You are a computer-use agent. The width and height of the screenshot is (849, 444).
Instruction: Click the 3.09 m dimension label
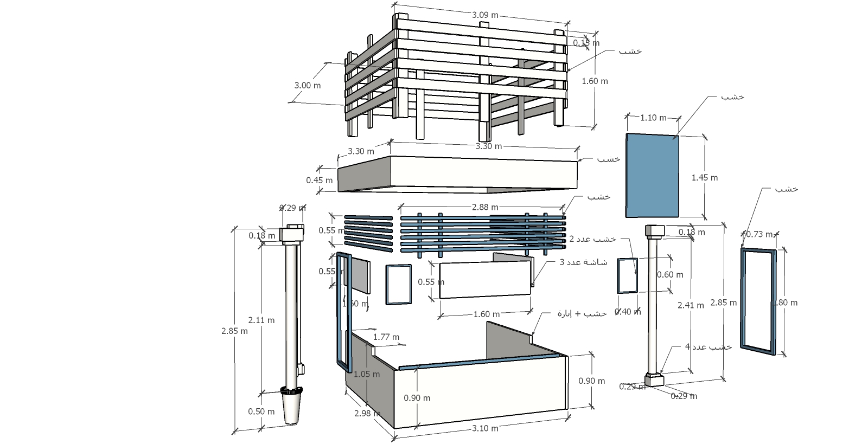point(485,15)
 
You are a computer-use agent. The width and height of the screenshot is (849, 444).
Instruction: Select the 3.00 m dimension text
point(307,86)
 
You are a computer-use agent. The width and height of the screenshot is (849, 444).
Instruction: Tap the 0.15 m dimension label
point(586,43)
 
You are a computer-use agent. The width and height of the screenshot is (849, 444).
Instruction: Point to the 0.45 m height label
point(319,181)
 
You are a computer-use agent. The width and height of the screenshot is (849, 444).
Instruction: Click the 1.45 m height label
point(705,178)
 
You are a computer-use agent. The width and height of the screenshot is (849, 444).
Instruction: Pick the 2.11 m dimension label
point(261,320)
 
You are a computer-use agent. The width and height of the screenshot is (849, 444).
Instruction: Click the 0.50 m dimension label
point(261,411)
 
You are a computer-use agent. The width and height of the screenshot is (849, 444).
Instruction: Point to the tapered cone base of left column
point(291,408)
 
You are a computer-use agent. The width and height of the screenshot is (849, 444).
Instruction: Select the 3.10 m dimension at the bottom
point(485,428)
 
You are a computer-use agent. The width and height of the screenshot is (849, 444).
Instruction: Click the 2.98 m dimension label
point(367,414)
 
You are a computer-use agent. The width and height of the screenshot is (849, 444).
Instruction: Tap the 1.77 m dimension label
point(386,337)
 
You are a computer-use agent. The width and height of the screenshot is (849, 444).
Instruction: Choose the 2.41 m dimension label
point(691,305)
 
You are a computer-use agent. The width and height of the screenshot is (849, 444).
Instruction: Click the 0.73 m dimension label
point(759,234)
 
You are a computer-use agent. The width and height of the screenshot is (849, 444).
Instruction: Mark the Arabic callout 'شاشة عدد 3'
point(584,262)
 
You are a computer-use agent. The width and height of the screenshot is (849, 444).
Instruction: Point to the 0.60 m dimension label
point(670,275)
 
